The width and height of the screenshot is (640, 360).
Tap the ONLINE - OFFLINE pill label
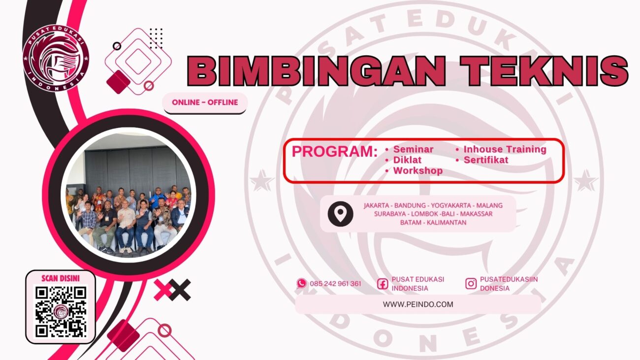click(x=205, y=102)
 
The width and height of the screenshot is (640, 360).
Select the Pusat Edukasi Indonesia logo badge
click(x=56, y=59)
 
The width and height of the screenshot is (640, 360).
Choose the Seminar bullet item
click(x=413, y=149)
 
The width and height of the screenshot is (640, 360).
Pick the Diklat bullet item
click(x=407, y=160)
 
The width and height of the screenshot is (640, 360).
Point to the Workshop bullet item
click(x=417, y=171)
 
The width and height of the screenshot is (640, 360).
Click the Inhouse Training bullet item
click(x=505, y=149)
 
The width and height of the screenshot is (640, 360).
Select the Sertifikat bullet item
click(x=485, y=160)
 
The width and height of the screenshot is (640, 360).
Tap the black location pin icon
click(x=340, y=214)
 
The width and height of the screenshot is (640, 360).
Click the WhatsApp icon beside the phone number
click(x=301, y=283)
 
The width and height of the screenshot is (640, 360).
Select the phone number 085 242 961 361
click(x=335, y=284)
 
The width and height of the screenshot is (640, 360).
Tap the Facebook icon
click(x=383, y=284)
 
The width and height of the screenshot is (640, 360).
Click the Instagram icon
click(x=471, y=283)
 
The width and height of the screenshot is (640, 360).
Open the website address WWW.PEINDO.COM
click(x=418, y=304)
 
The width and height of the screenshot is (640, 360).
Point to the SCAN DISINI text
click(x=61, y=278)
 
